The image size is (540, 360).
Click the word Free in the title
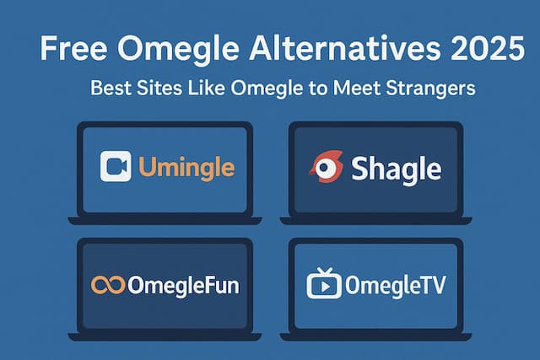pos(70,51)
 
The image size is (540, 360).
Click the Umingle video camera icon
pos(116,166)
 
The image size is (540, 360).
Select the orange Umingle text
pos(186,167)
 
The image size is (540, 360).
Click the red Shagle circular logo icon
pos(325,167)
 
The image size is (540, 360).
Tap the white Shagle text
pos(396,168)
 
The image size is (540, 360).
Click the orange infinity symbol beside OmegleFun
pos(107,285)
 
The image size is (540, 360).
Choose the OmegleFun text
pos(182,285)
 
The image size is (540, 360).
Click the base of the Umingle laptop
pos(165,221)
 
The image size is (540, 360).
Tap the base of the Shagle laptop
pos(374,221)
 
